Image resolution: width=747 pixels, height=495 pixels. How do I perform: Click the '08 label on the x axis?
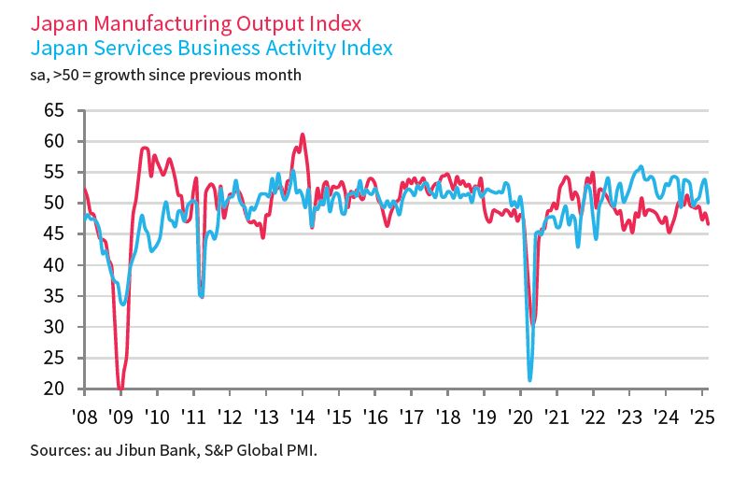85,416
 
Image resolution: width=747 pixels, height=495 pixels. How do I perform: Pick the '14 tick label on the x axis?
302,416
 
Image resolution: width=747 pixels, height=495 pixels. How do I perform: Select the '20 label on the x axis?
520,416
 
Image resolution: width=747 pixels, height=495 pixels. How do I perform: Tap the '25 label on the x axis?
702,416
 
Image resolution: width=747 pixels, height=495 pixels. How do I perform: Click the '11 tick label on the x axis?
193,416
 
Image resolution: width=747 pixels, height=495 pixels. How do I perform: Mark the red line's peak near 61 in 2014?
302,134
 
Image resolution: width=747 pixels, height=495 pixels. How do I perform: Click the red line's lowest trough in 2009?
120,388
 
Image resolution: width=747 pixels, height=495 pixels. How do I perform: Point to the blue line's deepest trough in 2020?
530,379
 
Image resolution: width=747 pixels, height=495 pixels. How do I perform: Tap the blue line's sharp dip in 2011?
202,296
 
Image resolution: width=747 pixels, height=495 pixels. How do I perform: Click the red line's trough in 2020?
532,323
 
